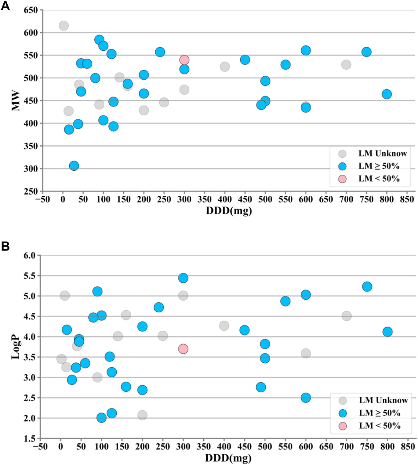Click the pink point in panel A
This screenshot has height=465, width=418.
tap(184, 60)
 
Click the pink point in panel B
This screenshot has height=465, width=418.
tap(183, 349)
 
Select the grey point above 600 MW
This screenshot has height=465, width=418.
tap(64, 26)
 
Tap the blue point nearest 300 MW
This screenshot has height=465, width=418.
tap(74, 166)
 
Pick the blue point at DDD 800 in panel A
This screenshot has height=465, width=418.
tap(387, 94)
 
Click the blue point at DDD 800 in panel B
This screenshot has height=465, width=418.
tap(387, 332)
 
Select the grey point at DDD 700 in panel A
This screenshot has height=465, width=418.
tap(346, 65)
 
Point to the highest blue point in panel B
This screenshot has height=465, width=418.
tap(183, 278)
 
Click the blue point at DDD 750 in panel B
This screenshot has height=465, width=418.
tap(367, 286)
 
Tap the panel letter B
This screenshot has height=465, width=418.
tap(5, 246)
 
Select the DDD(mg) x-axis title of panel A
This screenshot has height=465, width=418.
tap(229, 211)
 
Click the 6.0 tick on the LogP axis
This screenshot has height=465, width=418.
tap(30, 255)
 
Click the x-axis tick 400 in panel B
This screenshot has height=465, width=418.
tap(224, 447)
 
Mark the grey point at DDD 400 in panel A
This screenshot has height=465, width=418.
tap(225, 67)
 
